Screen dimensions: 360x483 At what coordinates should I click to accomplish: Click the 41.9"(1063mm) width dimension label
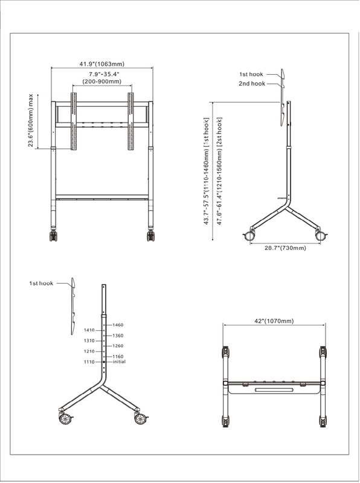pyautogui.click(x=102, y=64)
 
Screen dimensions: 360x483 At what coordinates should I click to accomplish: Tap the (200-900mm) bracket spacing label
pyautogui.click(x=101, y=82)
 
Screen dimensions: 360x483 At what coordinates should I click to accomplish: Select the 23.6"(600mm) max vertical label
pyautogui.click(x=31, y=120)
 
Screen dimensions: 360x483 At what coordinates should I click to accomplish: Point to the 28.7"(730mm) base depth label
pyautogui.click(x=286, y=248)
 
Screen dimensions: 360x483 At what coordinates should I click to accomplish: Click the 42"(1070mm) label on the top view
pyautogui.click(x=274, y=321)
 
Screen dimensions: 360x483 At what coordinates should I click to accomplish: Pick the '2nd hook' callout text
pyautogui.click(x=252, y=83)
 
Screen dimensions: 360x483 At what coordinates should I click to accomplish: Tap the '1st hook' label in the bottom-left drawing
pyautogui.click(x=41, y=283)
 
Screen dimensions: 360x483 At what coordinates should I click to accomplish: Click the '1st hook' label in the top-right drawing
pyautogui.click(x=251, y=74)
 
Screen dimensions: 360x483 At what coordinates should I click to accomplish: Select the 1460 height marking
pyautogui.click(x=118, y=325)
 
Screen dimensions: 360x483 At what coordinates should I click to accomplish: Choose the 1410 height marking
pyautogui.click(x=89, y=330)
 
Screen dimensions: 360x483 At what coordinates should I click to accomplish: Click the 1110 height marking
pyautogui.click(x=89, y=362)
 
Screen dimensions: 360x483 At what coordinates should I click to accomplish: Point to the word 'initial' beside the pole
pyautogui.click(x=119, y=362)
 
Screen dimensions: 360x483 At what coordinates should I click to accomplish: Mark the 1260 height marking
pyautogui.click(x=118, y=346)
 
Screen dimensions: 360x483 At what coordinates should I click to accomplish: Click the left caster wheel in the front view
pyautogui.click(x=53, y=235)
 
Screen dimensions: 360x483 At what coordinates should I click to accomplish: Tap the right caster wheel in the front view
pyautogui.click(x=151, y=235)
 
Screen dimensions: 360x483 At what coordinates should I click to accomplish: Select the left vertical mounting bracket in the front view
pyautogui.click(x=74, y=121)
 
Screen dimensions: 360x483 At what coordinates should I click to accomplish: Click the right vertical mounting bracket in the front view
pyautogui.click(x=130, y=121)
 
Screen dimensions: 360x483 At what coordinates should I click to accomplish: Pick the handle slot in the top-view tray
pyautogui.click(x=274, y=390)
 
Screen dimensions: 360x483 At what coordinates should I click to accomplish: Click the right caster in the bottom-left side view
pyautogui.click(x=141, y=418)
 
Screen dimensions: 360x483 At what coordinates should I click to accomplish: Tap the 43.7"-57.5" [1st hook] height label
pyautogui.click(x=207, y=171)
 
